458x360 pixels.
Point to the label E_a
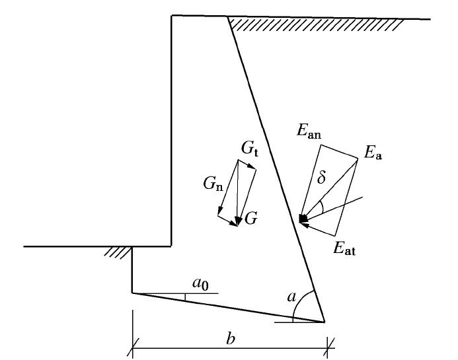point(374,155)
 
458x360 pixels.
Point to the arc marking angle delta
point(321,207)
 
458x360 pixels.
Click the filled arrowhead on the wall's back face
point(303,218)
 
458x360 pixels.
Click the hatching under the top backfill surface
point(316,24)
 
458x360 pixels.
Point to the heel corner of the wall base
point(324,322)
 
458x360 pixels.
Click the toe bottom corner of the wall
point(132,293)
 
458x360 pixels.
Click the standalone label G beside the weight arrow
point(250,218)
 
